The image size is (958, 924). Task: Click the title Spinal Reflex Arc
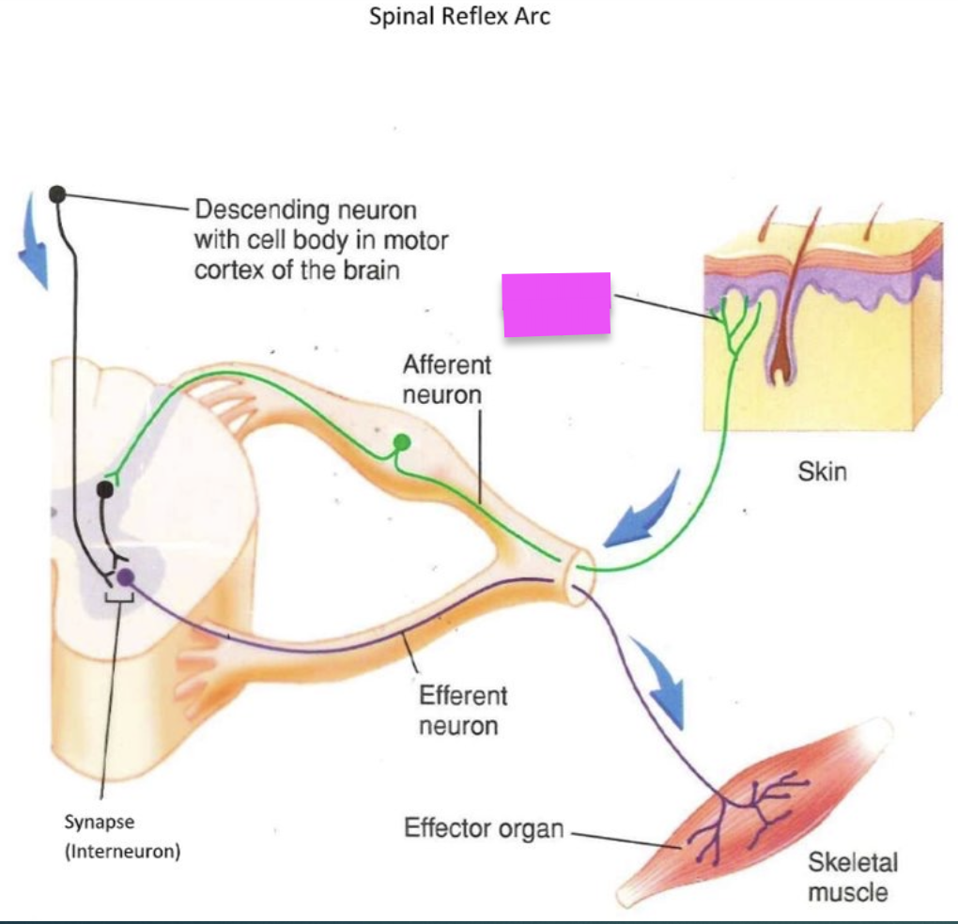(459, 17)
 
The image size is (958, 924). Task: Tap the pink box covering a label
(557, 304)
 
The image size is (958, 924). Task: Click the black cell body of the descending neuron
(56, 194)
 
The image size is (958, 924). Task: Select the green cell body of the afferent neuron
(402, 441)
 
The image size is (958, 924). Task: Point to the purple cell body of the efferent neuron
(125, 577)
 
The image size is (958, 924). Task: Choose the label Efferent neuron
(462, 710)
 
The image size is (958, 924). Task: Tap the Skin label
(822, 471)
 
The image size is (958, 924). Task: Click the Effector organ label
(484, 828)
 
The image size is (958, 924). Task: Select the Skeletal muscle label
(852, 876)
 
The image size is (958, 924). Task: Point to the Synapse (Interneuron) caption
(122, 837)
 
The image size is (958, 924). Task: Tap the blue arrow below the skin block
(645, 510)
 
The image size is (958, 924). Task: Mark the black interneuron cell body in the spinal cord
(105, 489)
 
